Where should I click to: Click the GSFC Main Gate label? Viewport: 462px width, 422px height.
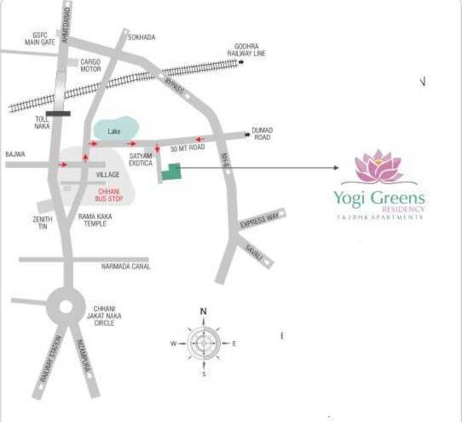41,39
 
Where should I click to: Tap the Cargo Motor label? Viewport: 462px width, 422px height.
91,64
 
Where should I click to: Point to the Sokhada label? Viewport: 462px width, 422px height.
142,37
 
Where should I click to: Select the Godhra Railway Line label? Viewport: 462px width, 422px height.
246,49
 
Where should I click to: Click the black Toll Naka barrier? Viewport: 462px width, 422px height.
58,112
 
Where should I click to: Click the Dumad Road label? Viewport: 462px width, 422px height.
263,134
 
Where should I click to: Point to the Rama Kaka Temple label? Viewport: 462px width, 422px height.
95,220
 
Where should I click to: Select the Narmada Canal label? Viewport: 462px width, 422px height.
126,266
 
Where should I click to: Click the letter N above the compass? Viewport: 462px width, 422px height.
204,312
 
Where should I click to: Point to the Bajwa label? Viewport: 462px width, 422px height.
15,154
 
